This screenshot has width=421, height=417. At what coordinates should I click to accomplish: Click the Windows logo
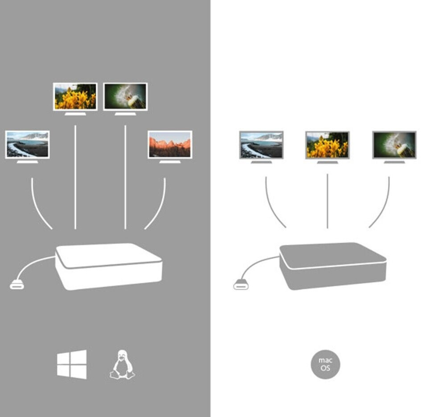(72, 364)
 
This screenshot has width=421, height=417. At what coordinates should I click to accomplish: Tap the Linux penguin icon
(122, 365)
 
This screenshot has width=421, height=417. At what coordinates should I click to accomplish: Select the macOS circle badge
(325, 364)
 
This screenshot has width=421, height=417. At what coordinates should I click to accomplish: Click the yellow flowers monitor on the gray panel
(75, 97)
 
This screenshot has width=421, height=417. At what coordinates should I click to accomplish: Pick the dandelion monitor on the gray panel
(125, 97)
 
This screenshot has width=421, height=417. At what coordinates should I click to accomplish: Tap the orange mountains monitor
(170, 144)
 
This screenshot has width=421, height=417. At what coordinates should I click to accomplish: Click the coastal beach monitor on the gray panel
(28, 144)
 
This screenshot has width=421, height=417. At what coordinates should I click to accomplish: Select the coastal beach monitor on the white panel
(261, 145)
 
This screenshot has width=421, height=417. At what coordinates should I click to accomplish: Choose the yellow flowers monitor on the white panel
(327, 145)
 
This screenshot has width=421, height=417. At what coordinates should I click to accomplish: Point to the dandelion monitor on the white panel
(394, 145)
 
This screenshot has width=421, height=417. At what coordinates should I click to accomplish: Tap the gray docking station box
(332, 266)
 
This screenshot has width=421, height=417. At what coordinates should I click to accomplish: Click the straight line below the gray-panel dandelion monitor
(125, 178)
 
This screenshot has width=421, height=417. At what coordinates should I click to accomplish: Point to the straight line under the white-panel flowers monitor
(327, 200)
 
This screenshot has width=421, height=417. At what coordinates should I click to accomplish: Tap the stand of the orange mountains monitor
(170, 162)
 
